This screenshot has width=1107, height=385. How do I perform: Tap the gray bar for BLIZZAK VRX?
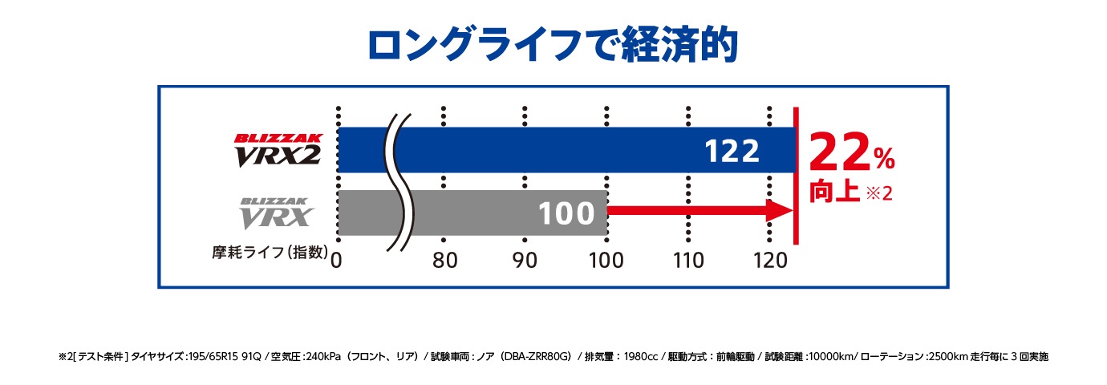coord(481,213)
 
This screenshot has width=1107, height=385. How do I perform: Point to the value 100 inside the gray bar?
coord(566,213)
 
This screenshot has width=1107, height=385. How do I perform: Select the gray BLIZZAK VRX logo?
coord(277,213)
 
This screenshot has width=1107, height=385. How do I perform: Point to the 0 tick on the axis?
coord(337,260)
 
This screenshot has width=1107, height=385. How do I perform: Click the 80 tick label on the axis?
coord(444,260)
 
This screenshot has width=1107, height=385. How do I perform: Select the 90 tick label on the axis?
coord(525,260)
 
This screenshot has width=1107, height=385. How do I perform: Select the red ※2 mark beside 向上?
coord(880,195)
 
